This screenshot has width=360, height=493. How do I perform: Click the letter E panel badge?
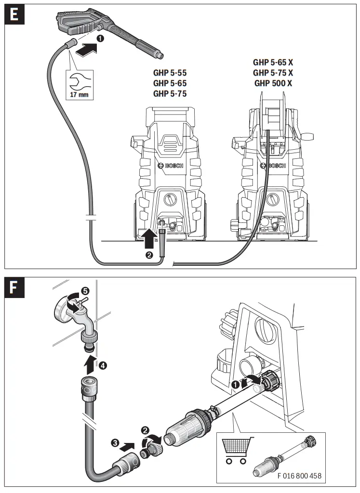(x=15, y=14)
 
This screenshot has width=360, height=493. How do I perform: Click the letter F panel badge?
(x=15, y=288)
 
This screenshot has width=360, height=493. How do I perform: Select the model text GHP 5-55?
(x=170, y=73)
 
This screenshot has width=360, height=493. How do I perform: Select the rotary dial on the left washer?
(x=169, y=199)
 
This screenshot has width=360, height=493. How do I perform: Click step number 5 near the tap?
(x=85, y=291)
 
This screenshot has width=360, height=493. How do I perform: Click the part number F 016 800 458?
(x=299, y=476)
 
